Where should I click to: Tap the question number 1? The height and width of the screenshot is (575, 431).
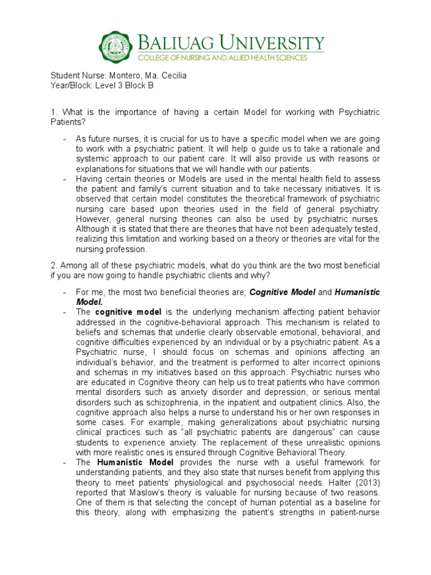coord(53,113)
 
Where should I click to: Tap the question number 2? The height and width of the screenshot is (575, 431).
coord(53,265)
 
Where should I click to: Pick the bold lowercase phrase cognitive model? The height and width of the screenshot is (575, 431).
coord(122,312)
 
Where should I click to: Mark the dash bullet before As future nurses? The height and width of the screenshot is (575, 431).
coord(66,139)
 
